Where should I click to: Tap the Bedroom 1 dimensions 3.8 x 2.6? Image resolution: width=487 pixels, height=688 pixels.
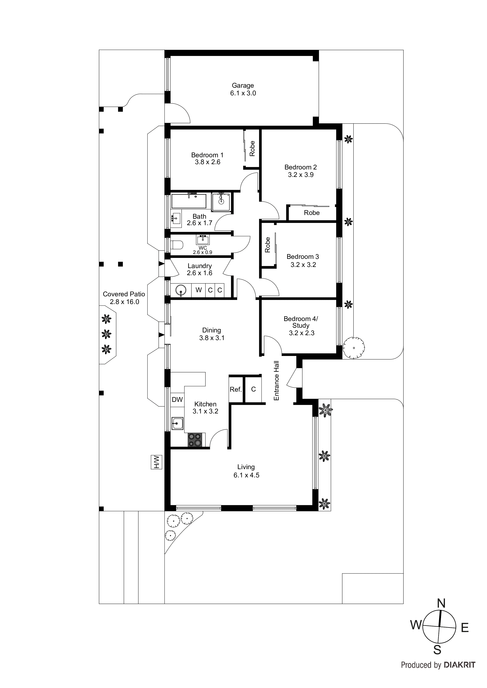point(207,162)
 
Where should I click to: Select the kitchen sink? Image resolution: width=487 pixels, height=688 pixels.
point(177,423)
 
